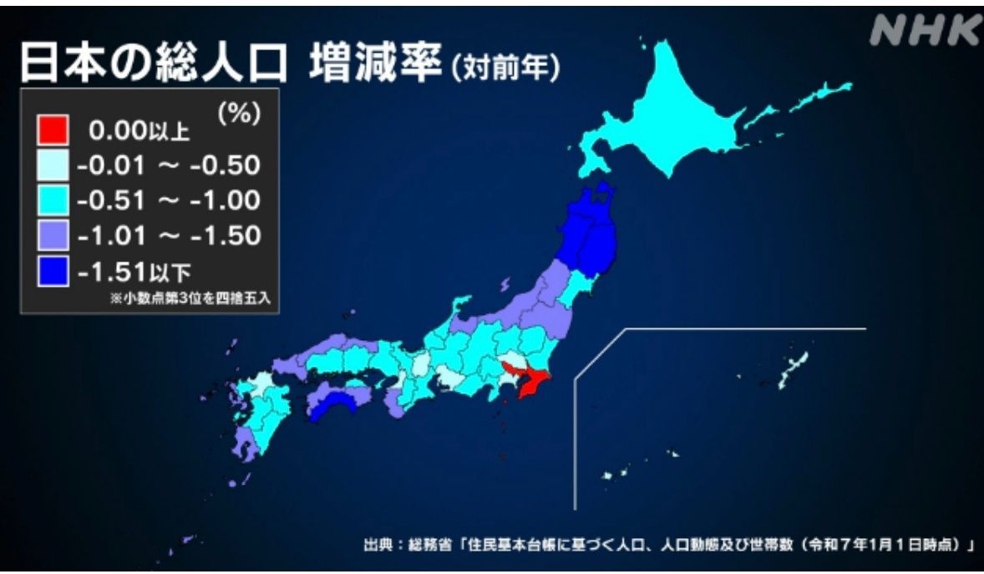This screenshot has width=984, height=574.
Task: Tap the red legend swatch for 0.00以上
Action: coord(53,130)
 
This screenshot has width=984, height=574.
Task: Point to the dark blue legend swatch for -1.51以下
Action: coord(53,271)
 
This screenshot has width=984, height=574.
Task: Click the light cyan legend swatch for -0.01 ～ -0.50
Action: coord(53,165)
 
